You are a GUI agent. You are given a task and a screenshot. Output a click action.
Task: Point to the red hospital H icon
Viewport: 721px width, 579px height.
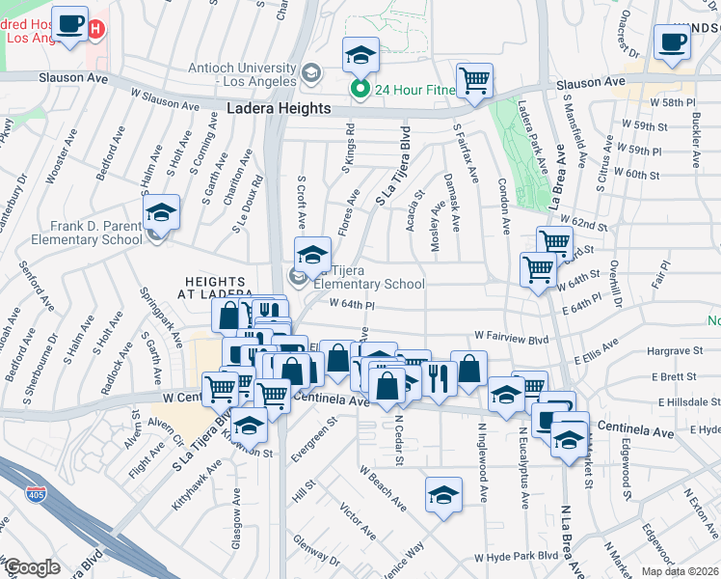95,30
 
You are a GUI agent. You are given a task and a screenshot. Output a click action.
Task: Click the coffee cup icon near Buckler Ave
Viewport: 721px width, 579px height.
672,41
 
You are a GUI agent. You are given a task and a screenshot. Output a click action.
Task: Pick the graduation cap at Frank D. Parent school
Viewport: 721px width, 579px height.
162,211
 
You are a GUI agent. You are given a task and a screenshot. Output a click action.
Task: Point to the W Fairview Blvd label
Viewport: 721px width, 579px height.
510,339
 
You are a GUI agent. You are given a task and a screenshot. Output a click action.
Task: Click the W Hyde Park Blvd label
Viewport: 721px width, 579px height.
516,558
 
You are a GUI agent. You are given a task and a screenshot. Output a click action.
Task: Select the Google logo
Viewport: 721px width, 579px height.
32,567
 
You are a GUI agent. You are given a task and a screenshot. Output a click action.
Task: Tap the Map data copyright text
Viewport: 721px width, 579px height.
682,571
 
